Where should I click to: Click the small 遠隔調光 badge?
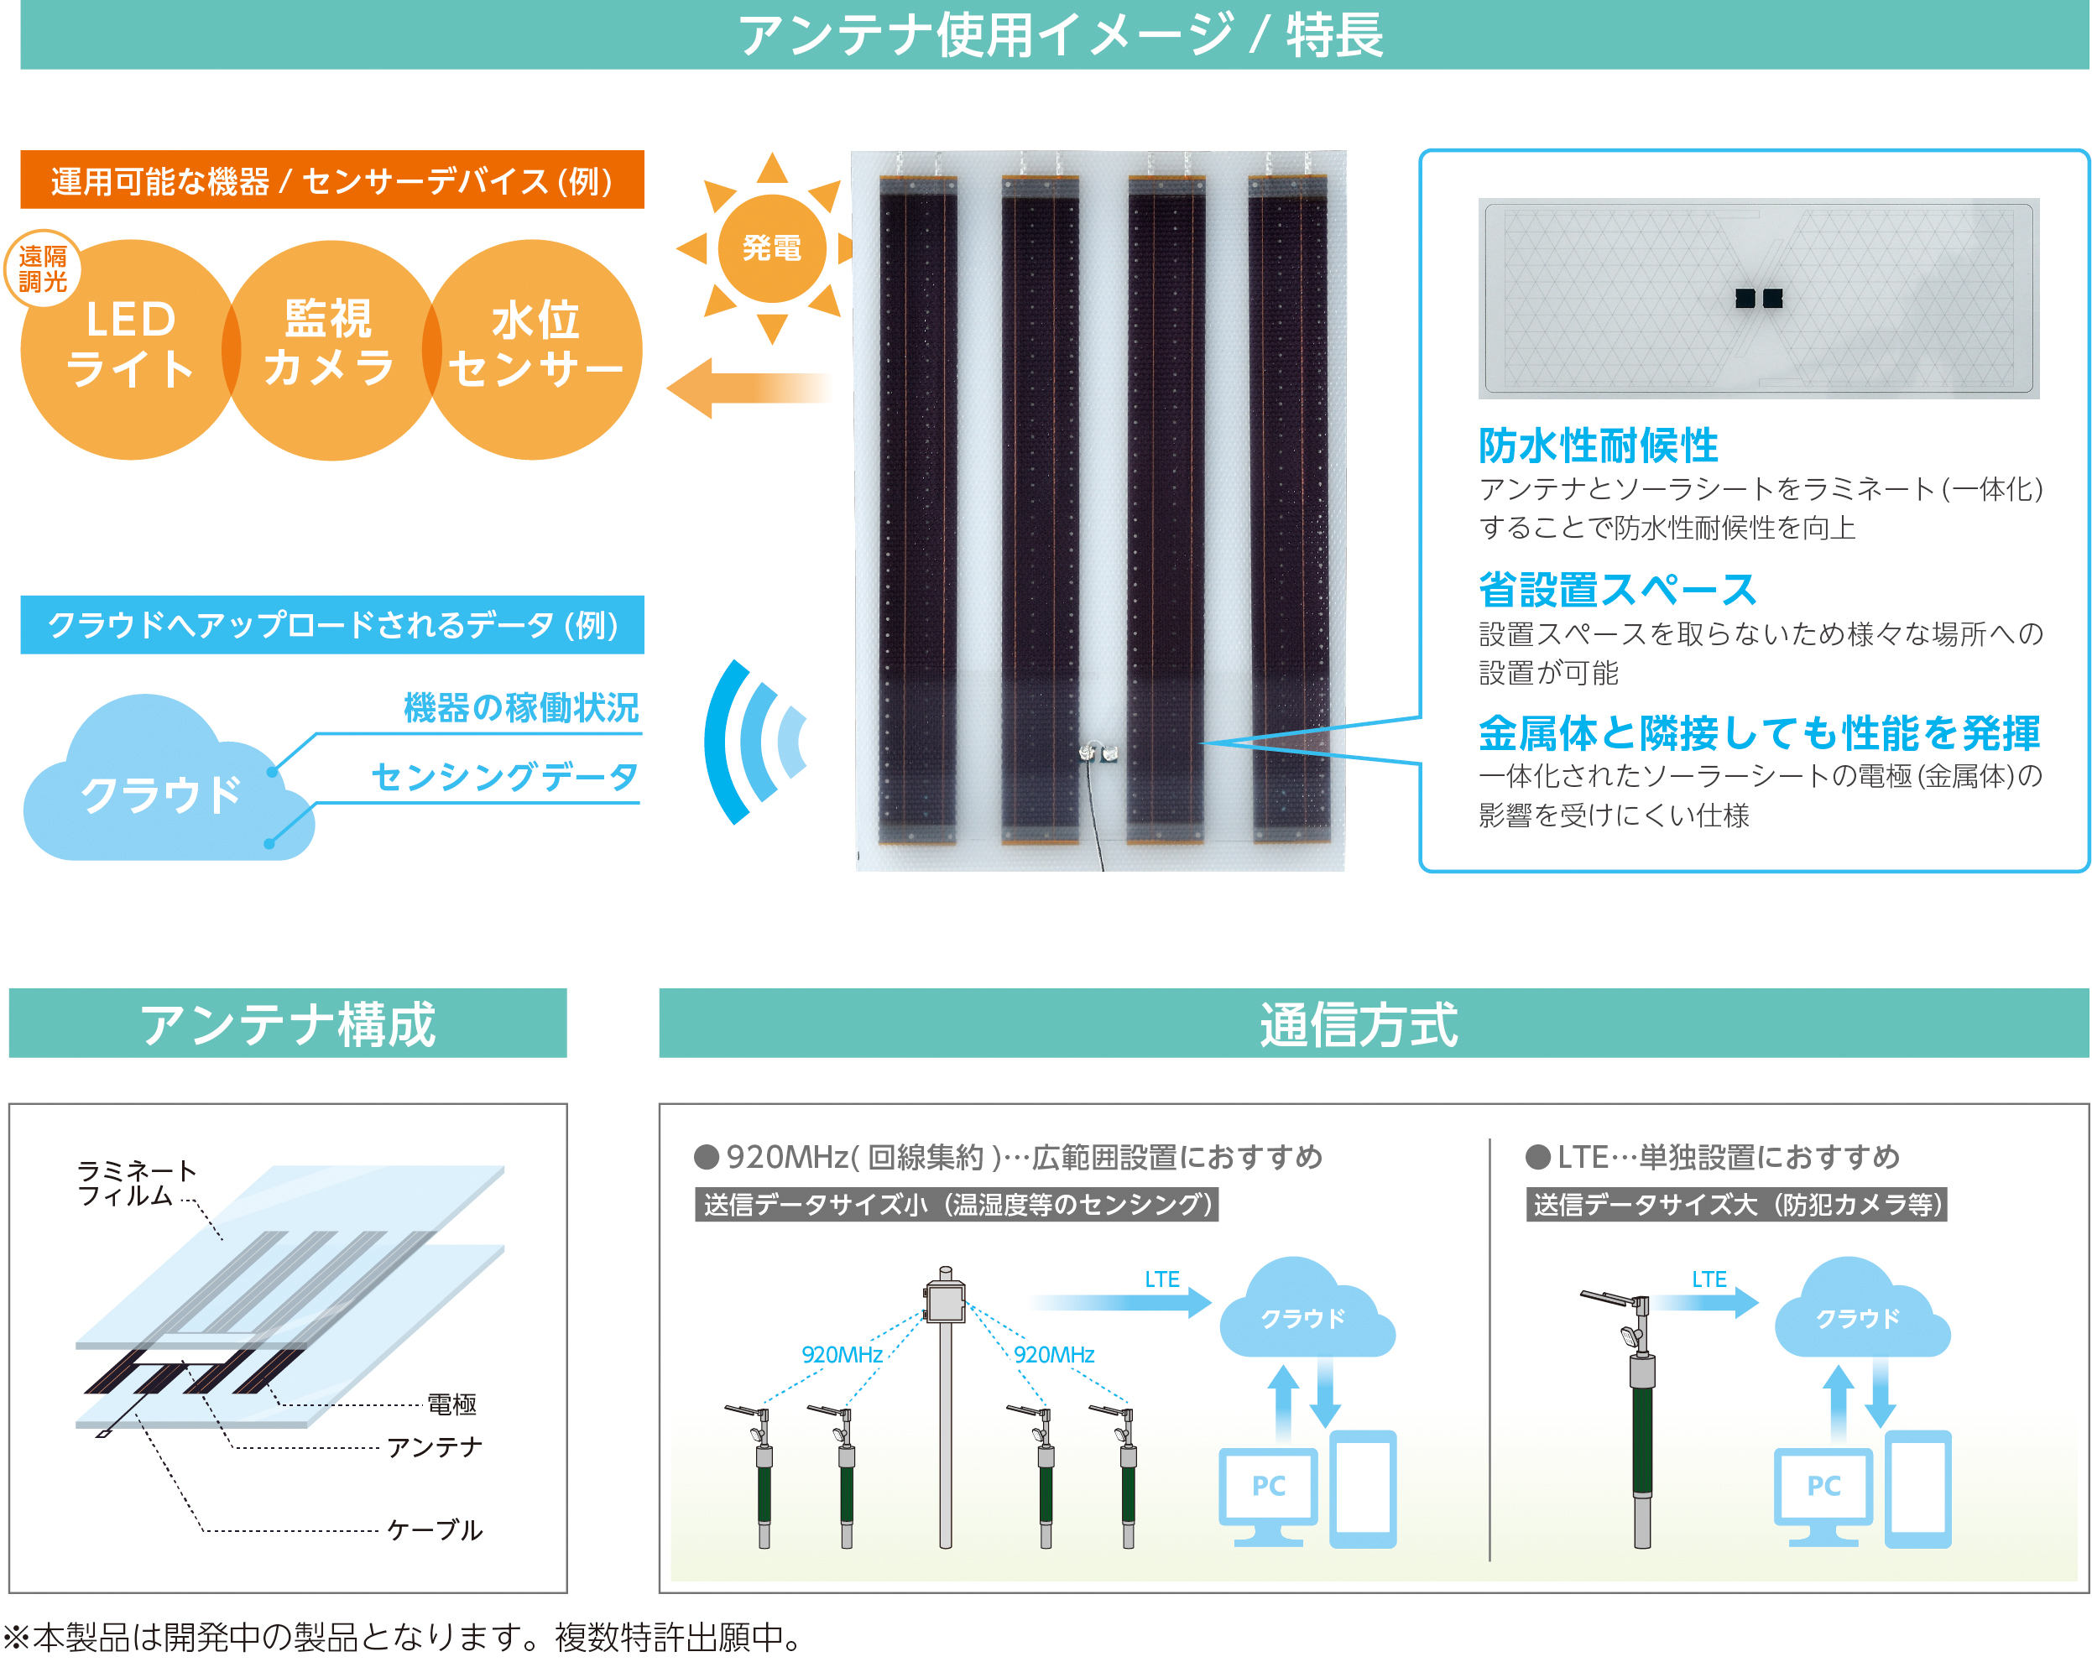43,268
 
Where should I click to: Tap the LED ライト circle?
130,349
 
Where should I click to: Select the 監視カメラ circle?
331,349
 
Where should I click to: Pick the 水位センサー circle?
533,349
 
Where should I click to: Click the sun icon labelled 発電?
771,248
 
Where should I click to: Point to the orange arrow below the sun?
750,388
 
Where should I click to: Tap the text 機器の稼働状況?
521,707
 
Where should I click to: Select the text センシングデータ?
504,776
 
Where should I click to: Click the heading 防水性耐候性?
1598,445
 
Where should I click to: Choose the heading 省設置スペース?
1618,589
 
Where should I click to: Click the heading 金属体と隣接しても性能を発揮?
1759,732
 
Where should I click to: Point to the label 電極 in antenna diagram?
451,1404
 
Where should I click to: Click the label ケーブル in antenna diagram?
434,1530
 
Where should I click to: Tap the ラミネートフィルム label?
137,1183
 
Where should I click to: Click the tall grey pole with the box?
945,1407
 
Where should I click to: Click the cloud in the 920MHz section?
1306,1309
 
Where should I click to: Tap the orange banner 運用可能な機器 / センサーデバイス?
331,180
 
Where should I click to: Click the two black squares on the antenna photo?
1758,298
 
